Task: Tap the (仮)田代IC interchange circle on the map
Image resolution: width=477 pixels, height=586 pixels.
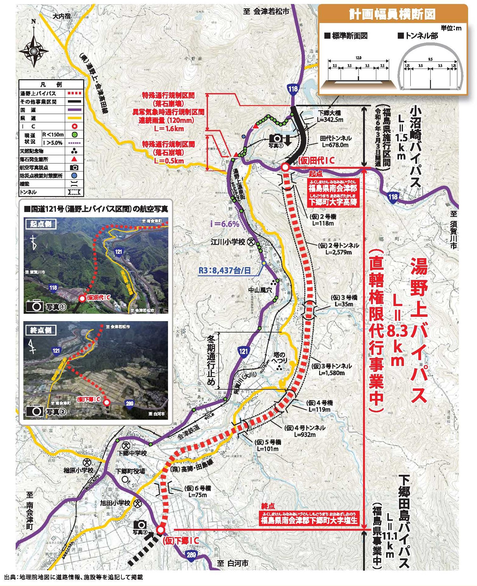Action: [x=285, y=167]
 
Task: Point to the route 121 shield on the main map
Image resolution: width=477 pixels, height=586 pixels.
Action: [x=243, y=351]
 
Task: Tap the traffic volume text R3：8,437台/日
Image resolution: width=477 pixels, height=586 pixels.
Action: [x=225, y=270]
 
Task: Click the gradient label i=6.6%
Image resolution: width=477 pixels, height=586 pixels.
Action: [x=225, y=224]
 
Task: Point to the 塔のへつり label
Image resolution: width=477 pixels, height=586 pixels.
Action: [x=279, y=358]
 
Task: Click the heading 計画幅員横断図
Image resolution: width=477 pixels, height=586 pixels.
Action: [x=392, y=14]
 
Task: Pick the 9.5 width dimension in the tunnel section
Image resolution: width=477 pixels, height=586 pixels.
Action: [x=430, y=59]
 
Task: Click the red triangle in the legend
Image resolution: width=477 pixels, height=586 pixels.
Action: [x=74, y=159]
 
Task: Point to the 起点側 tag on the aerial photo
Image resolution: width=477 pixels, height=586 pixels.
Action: [x=41, y=224]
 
